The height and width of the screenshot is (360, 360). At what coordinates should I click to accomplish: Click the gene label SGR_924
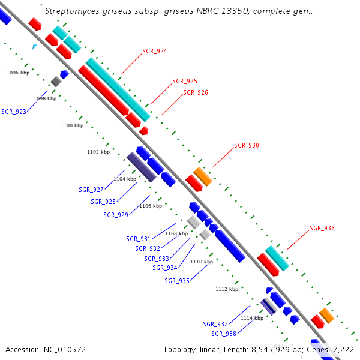pos(154,52)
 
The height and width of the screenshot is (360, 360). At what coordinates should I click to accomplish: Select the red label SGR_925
pos(184,81)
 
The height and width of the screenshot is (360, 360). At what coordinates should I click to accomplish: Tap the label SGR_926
pos(195,93)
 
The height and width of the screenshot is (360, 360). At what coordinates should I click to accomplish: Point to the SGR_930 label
pos(246,146)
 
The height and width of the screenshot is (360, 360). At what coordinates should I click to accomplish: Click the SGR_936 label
pos(322,229)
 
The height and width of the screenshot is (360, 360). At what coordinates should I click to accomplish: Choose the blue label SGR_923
pos(14,112)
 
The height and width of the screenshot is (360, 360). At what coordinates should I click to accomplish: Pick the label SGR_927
pos(91,190)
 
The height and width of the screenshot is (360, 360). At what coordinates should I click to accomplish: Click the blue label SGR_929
pos(115,215)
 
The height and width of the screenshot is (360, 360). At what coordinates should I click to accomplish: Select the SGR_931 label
pos(138,239)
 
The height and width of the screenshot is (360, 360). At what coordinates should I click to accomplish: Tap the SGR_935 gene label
pos(176,281)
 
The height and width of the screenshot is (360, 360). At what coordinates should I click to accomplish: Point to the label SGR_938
pos(223,334)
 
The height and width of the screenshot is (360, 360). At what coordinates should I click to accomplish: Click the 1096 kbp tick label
pos(18,73)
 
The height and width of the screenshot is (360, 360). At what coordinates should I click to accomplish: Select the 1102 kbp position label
pos(98,152)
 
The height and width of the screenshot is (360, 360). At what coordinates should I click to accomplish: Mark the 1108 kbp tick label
pos(176,233)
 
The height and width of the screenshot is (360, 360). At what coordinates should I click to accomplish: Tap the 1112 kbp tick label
pos(227,289)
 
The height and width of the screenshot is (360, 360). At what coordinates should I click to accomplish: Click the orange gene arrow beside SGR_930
pos(203,176)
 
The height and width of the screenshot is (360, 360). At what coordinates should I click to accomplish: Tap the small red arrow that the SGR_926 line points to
pos(144,130)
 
